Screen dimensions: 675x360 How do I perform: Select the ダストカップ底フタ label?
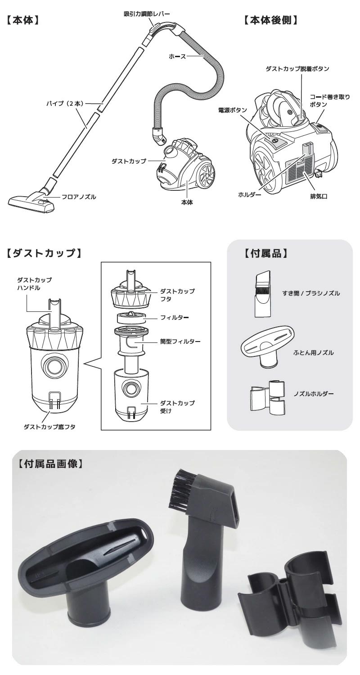[49, 427]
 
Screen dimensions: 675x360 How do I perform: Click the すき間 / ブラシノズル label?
[311, 293]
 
